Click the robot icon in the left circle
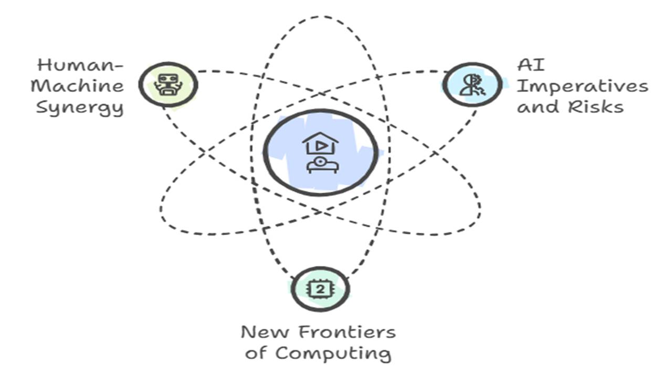click(x=168, y=85)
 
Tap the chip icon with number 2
click(x=320, y=289)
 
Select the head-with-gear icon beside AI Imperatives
click(x=472, y=85)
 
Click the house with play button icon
click(x=320, y=143)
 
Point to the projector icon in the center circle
click(x=322, y=165)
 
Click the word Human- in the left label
click(x=80, y=65)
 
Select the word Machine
click(x=78, y=86)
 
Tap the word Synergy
click(x=80, y=108)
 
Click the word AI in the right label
click(x=530, y=65)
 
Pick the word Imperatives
click(x=582, y=87)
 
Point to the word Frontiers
click(x=346, y=332)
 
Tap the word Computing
click(x=332, y=353)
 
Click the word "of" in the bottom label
click(x=256, y=353)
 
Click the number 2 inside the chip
click(x=320, y=289)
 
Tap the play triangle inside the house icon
click(x=320, y=146)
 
